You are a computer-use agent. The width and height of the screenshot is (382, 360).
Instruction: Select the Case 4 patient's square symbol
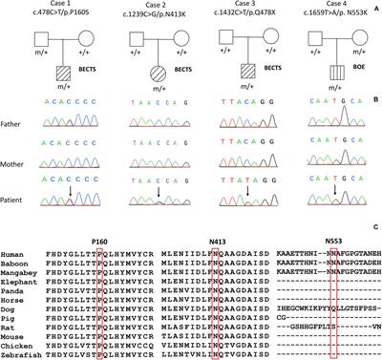pyautogui.click(x=326, y=70)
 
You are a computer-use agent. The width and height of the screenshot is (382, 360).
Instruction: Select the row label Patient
pyautogui.click(x=24, y=198)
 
